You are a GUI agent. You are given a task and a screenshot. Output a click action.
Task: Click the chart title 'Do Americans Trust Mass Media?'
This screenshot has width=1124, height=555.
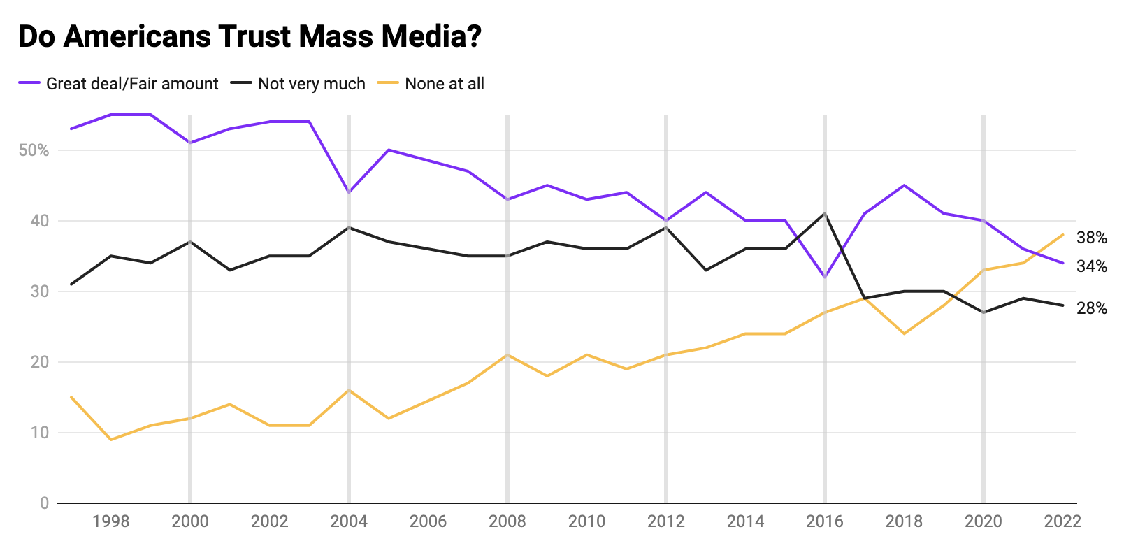(x=250, y=36)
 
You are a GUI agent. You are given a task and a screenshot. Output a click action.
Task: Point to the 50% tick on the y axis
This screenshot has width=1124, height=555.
(x=34, y=150)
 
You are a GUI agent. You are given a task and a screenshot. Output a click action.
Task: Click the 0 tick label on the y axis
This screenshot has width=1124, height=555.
(x=44, y=503)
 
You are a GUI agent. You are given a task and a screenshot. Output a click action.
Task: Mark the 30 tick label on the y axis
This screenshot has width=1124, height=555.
(x=39, y=291)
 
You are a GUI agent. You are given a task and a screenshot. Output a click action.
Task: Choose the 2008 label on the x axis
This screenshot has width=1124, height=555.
(x=507, y=521)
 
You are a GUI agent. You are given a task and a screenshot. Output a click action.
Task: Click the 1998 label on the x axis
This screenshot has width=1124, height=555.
(x=110, y=521)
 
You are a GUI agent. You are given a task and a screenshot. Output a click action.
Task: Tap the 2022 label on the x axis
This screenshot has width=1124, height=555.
(x=1062, y=521)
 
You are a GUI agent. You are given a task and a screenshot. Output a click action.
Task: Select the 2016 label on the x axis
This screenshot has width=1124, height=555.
(x=825, y=521)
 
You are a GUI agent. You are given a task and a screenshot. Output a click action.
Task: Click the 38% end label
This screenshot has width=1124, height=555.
(x=1091, y=238)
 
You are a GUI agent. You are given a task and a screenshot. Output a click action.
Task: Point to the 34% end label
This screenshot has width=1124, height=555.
(x=1091, y=266)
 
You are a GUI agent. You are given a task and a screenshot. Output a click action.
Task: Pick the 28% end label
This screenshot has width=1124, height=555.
(x=1091, y=308)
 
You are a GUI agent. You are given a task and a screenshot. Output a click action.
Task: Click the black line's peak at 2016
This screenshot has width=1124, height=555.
(x=825, y=214)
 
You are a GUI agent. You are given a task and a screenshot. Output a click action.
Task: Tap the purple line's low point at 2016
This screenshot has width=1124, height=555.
(x=825, y=277)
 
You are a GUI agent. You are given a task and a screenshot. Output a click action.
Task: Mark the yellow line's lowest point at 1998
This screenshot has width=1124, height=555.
(x=110, y=440)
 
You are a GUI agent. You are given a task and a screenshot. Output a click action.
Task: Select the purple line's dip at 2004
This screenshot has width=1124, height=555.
(x=349, y=192)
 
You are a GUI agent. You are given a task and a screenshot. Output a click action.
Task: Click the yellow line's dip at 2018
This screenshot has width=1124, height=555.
(x=904, y=333)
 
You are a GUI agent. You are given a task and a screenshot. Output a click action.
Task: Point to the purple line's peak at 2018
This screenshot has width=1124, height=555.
(x=904, y=185)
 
